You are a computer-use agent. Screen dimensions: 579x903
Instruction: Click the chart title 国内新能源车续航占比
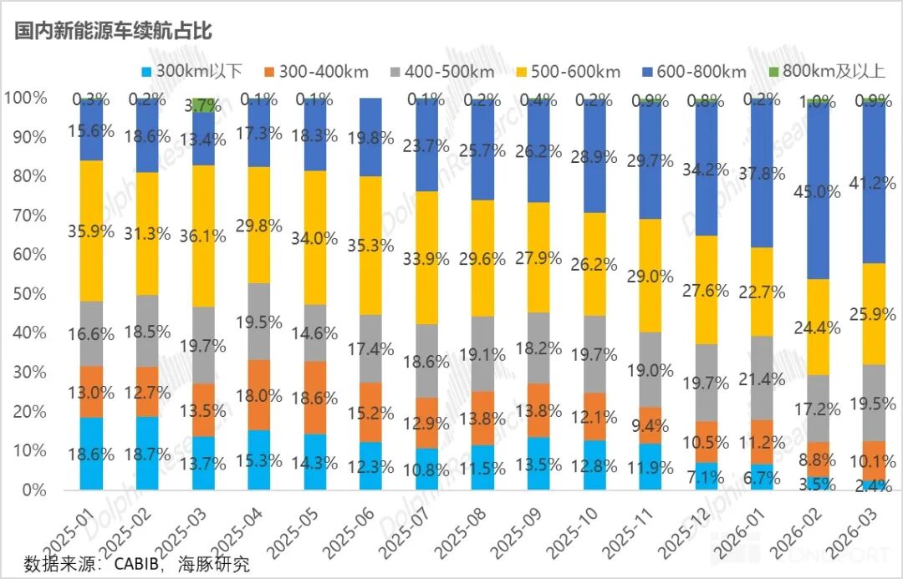pyautogui.click(x=113, y=32)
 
